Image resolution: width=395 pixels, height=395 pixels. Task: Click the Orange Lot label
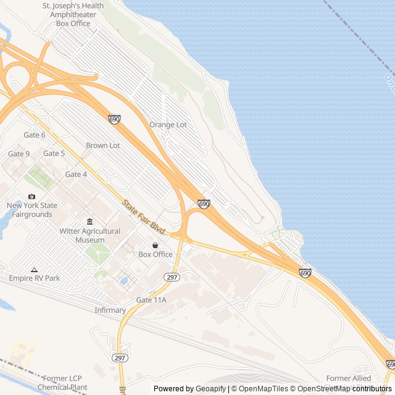click(x=168, y=125)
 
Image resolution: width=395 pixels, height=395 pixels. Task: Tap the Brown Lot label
click(x=103, y=146)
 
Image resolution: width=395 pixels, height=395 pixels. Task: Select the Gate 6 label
click(x=35, y=135)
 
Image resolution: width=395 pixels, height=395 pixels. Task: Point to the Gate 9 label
click(x=19, y=154)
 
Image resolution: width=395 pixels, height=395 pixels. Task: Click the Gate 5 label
click(x=54, y=154)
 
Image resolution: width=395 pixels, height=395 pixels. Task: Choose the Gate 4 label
click(x=77, y=175)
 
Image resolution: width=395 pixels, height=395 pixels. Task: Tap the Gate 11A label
click(x=151, y=300)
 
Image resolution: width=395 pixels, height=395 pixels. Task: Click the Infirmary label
click(x=110, y=310)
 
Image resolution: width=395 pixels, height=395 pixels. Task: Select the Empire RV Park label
click(x=35, y=278)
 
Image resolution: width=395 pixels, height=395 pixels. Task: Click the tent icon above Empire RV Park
click(x=34, y=270)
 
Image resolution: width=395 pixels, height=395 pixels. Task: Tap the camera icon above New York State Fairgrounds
click(x=31, y=197)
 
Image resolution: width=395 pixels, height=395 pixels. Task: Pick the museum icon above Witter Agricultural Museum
click(x=90, y=222)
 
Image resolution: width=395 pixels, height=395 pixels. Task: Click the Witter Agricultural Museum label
click(x=90, y=235)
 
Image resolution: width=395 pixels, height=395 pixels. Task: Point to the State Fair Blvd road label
click(x=144, y=217)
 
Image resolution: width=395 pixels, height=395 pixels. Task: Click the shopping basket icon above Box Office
click(x=155, y=245)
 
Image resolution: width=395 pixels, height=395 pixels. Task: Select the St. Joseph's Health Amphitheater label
click(x=73, y=14)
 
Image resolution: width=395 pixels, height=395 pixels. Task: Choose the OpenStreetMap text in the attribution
click(x=322, y=389)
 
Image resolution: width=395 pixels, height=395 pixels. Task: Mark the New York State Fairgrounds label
click(x=32, y=210)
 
